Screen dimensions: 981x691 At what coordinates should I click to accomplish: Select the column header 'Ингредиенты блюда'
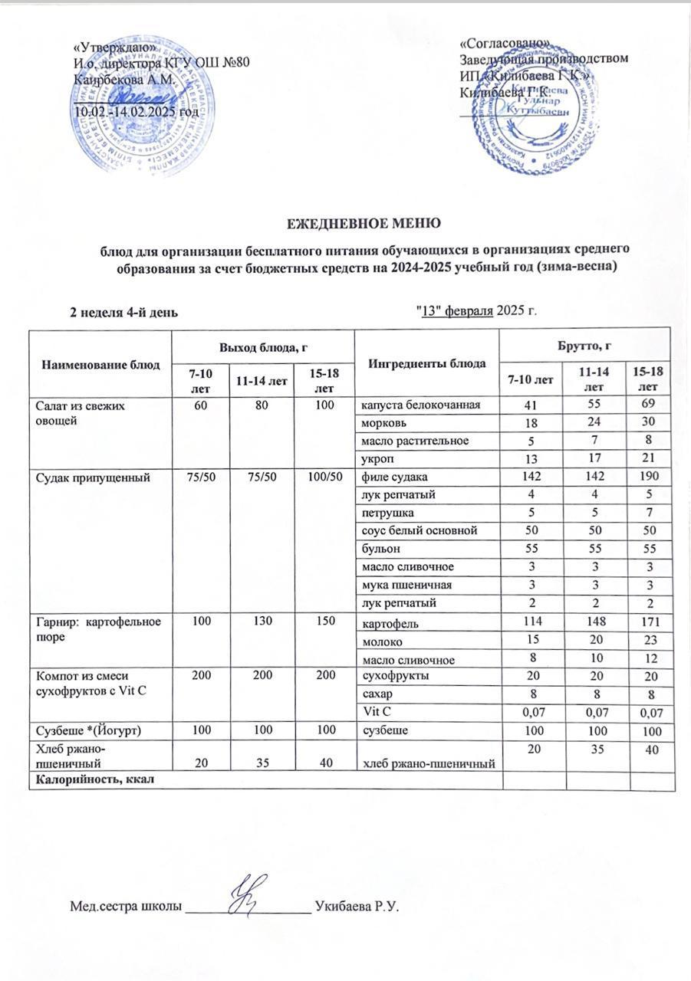(426, 363)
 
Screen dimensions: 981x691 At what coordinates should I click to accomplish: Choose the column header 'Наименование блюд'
(100, 363)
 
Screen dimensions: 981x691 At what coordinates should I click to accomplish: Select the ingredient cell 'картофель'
(387, 623)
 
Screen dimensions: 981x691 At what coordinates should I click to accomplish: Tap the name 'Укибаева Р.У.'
(359, 907)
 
